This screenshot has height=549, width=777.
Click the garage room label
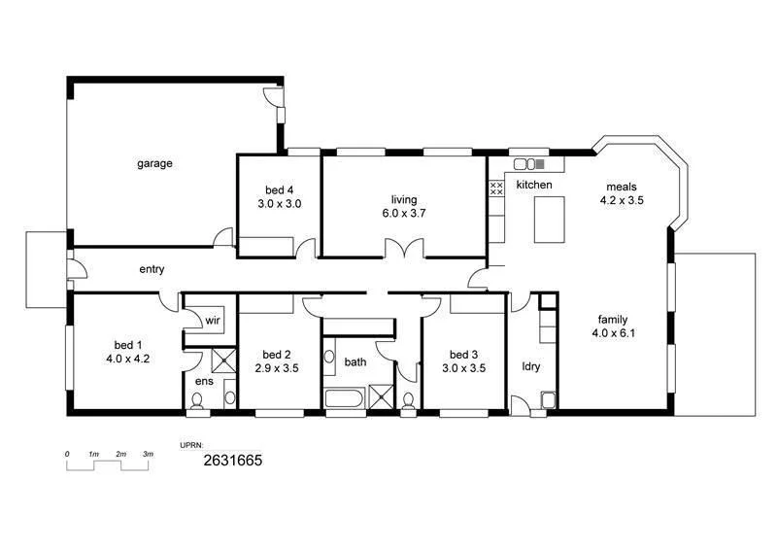point(154,164)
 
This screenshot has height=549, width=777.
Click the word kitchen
point(533,185)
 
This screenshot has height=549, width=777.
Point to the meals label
point(622,187)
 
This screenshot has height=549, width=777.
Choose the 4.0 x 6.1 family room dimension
point(612,333)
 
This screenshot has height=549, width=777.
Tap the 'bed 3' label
point(464,355)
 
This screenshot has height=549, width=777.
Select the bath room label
point(355,362)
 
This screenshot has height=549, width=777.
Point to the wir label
point(212,320)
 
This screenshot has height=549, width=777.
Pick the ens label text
point(203,382)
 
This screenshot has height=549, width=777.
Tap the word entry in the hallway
point(152,269)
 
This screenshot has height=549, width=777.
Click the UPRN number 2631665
point(232,463)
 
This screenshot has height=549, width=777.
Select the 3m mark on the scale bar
point(148,455)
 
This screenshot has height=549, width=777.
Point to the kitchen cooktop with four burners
point(495,188)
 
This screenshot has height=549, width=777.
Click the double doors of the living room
point(403,250)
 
